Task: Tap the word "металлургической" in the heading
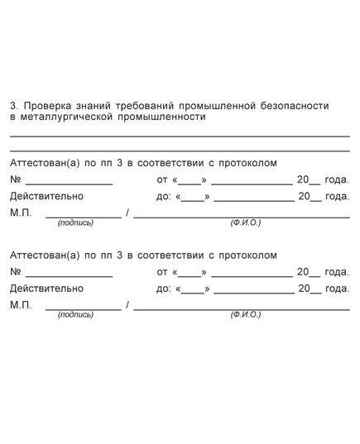pos(62,117)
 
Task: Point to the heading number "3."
pos(13,106)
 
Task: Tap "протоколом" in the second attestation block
pos(246,255)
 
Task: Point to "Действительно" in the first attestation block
pos(46,196)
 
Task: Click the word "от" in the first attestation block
pos(161,179)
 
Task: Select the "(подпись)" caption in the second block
pos(75,315)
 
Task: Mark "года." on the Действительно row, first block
pos(337,196)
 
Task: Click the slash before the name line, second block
pos(127,305)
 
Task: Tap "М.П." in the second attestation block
pos(21,305)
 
